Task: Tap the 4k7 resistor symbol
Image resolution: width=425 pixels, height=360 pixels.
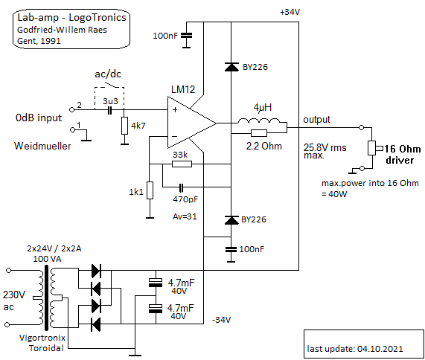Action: (x=124, y=126)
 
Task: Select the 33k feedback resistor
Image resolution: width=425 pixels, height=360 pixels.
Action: (x=182, y=164)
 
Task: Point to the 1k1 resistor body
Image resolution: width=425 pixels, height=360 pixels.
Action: (x=150, y=190)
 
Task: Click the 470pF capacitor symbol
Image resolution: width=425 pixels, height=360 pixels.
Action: (x=182, y=187)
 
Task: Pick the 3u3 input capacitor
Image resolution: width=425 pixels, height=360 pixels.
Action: (x=109, y=110)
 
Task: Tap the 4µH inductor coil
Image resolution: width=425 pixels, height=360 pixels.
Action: (x=258, y=120)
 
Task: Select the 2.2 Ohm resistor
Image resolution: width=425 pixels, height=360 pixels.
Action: (x=259, y=133)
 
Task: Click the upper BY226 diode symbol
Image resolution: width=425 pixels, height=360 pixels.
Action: (x=231, y=67)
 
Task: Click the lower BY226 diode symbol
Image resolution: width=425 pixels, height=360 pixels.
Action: (x=231, y=220)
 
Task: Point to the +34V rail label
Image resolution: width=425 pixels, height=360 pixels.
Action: (x=290, y=12)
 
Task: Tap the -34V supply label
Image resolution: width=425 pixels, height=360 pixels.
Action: (x=222, y=320)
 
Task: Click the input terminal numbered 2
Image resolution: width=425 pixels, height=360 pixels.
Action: (x=72, y=109)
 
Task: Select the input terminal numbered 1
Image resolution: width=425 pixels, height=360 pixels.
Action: (x=72, y=129)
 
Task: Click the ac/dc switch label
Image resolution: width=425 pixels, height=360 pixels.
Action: (x=108, y=74)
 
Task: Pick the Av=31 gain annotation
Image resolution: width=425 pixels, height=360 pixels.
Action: (x=185, y=216)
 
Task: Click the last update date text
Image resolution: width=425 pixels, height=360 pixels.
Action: (x=355, y=349)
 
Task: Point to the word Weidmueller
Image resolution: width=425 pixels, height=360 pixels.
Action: (x=42, y=146)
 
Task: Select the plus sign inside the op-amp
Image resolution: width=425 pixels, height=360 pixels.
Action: (x=175, y=109)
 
